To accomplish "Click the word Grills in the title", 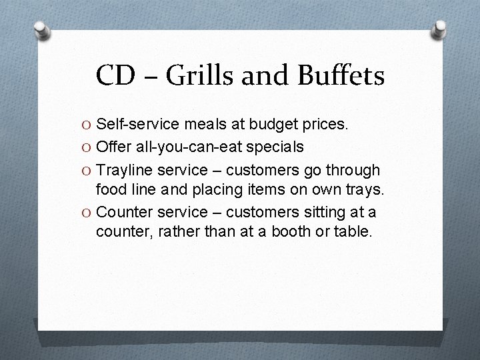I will click(x=199, y=75).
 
